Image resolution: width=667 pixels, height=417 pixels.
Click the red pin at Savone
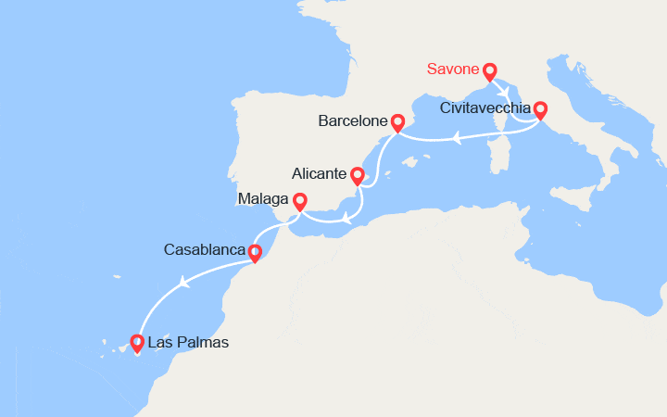489,70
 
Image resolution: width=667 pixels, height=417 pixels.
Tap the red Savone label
453,69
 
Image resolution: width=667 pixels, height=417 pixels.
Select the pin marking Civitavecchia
539,110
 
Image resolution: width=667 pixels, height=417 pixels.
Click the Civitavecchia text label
485,108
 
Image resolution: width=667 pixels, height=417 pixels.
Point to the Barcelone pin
397,121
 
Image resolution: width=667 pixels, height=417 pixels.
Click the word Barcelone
352,121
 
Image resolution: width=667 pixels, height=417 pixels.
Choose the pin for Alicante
357,174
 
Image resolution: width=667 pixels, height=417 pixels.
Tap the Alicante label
319,174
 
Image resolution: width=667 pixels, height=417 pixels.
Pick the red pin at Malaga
299,200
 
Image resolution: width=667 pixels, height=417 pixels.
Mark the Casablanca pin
255,250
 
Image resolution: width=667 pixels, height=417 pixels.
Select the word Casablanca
205,250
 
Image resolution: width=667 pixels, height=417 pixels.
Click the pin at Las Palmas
137,343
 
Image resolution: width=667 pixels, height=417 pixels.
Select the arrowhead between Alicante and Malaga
346,220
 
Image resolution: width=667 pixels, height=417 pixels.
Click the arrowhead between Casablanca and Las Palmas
186,284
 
